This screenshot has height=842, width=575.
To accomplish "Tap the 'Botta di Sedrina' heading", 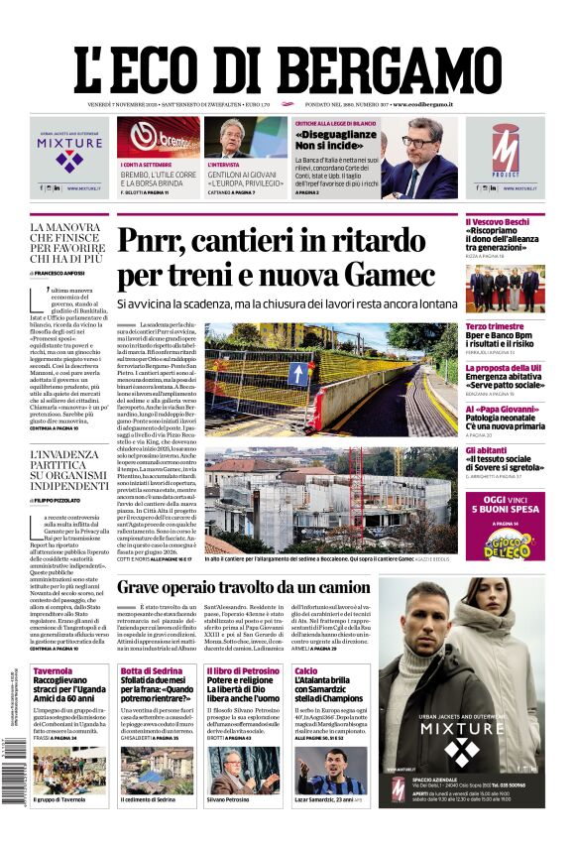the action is [149, 671].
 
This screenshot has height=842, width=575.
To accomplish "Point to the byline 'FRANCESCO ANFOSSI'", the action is [66, 272].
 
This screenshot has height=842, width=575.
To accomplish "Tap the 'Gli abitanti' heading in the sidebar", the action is [487, 450].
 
